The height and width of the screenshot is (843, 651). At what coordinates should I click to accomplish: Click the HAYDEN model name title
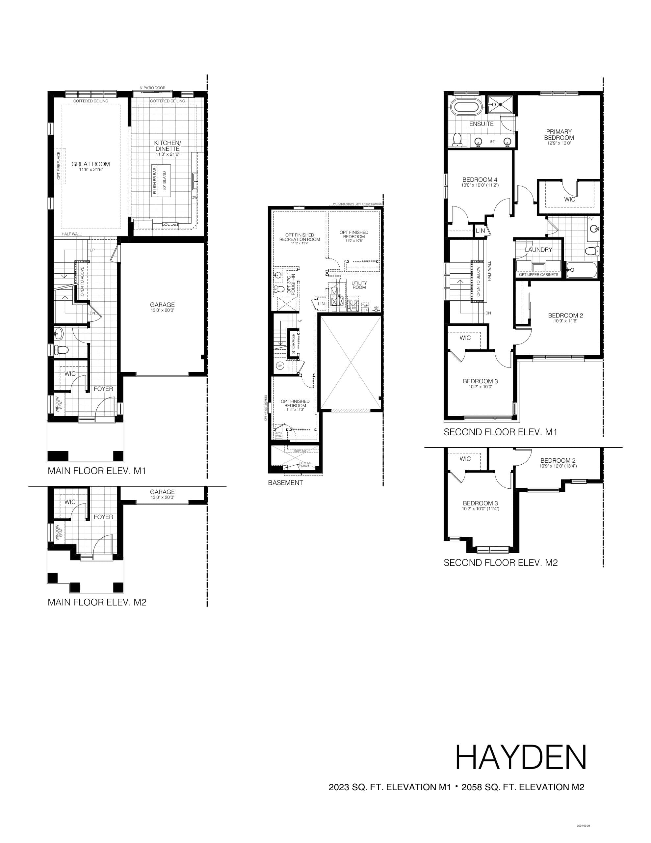click(x=521, y=757)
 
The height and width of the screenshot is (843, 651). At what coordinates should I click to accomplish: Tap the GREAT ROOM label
click(x=91, y=164)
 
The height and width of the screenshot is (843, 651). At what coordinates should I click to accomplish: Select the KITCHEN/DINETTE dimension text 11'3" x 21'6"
click(x=168, y=154)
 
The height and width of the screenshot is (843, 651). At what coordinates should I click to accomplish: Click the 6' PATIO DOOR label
click(x=152, y=88)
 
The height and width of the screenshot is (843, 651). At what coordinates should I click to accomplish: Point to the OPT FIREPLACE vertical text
click(x=59, y=166)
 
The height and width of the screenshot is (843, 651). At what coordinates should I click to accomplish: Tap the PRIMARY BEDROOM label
click(x=559, y=134)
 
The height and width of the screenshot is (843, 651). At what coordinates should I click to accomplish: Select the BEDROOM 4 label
click(x=480, y=179)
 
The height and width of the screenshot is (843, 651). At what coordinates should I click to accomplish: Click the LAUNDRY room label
click(x=538, y=250)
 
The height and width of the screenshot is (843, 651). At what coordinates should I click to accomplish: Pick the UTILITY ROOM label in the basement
click(x=359, y=285)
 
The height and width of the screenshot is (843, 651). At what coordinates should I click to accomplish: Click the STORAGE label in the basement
click(x=293, y=343)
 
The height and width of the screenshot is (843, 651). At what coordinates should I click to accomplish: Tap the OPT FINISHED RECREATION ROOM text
click(x=299, y=237)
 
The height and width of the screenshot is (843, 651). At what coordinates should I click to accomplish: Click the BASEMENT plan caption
click(x=285, y=482)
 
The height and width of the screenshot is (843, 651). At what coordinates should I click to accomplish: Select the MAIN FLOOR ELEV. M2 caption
click(x=97, y=602)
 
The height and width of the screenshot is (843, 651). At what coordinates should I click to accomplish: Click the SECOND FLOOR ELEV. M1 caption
click(x=501, y=432)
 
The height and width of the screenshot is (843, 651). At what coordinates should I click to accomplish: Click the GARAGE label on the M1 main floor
click(x=163, y=305)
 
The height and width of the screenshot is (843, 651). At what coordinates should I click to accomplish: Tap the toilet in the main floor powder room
click(x=62, y=350)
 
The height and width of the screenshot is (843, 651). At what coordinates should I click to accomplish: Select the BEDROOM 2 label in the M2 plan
click(x=558, y=460)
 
